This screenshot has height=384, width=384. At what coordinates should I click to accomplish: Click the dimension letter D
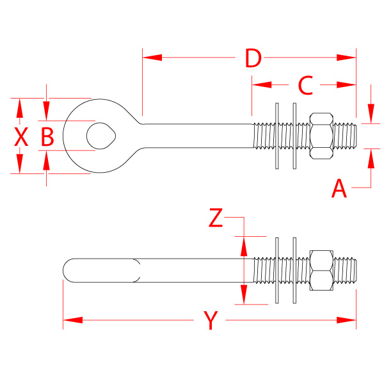(x=253, y=58)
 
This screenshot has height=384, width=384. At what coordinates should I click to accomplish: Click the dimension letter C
(x=305, y=84)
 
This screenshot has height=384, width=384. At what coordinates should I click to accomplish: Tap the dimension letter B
(x=48, y=136)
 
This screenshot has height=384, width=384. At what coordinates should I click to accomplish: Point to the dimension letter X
(x=21, y=136)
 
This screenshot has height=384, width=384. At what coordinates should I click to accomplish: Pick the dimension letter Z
(x=216, y=219)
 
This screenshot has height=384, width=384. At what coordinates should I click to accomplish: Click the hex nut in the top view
(x=321, y=136)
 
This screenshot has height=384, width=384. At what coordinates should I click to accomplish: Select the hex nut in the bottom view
(x=321, y=269)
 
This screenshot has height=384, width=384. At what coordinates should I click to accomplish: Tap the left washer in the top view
(x=277, y=136)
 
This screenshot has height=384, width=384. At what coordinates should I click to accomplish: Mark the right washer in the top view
(x=294, y=136)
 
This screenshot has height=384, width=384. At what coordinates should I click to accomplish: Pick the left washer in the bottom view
(x=277, y=269)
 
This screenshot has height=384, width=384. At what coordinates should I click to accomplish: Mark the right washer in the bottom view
(x=294, y=269)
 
